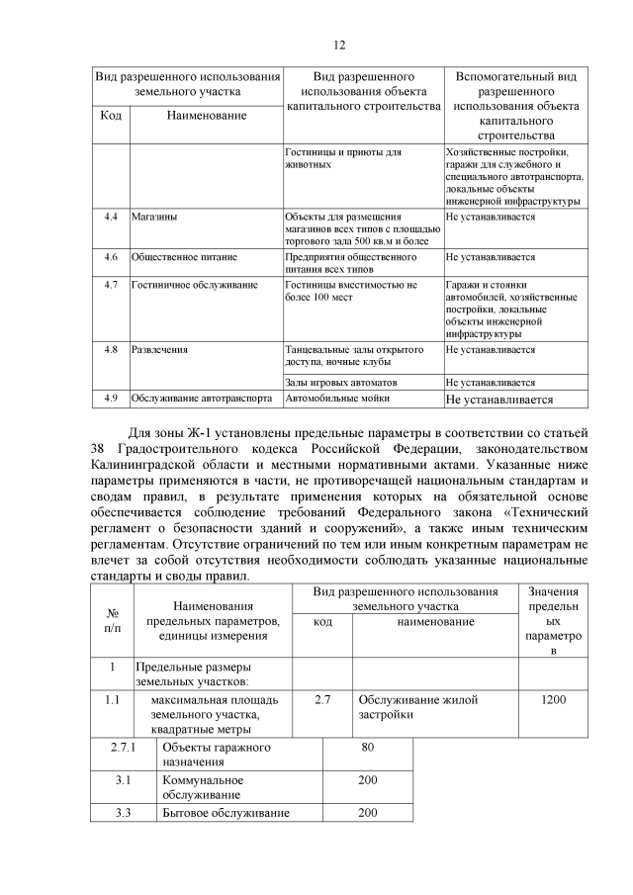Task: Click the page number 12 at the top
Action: point(338,45)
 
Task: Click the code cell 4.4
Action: point(112,215)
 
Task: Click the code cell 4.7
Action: point(112,285)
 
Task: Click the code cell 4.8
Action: point(112,349)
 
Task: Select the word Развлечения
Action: point(160,349)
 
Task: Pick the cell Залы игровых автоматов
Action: point(340,382)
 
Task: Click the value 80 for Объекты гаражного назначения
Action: point(367,747)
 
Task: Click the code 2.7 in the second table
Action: point(322,700)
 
